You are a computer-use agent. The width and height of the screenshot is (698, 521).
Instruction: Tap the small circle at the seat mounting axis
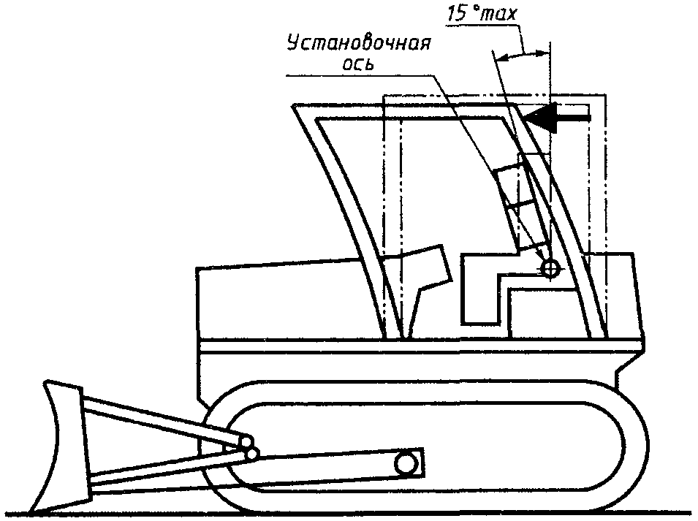point(550,269)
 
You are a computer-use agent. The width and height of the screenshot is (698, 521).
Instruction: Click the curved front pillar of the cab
point(344,219)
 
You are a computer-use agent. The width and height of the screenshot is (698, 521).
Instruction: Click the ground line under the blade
point(110,511)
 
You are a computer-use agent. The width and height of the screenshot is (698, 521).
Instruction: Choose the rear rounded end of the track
point(636,446)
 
